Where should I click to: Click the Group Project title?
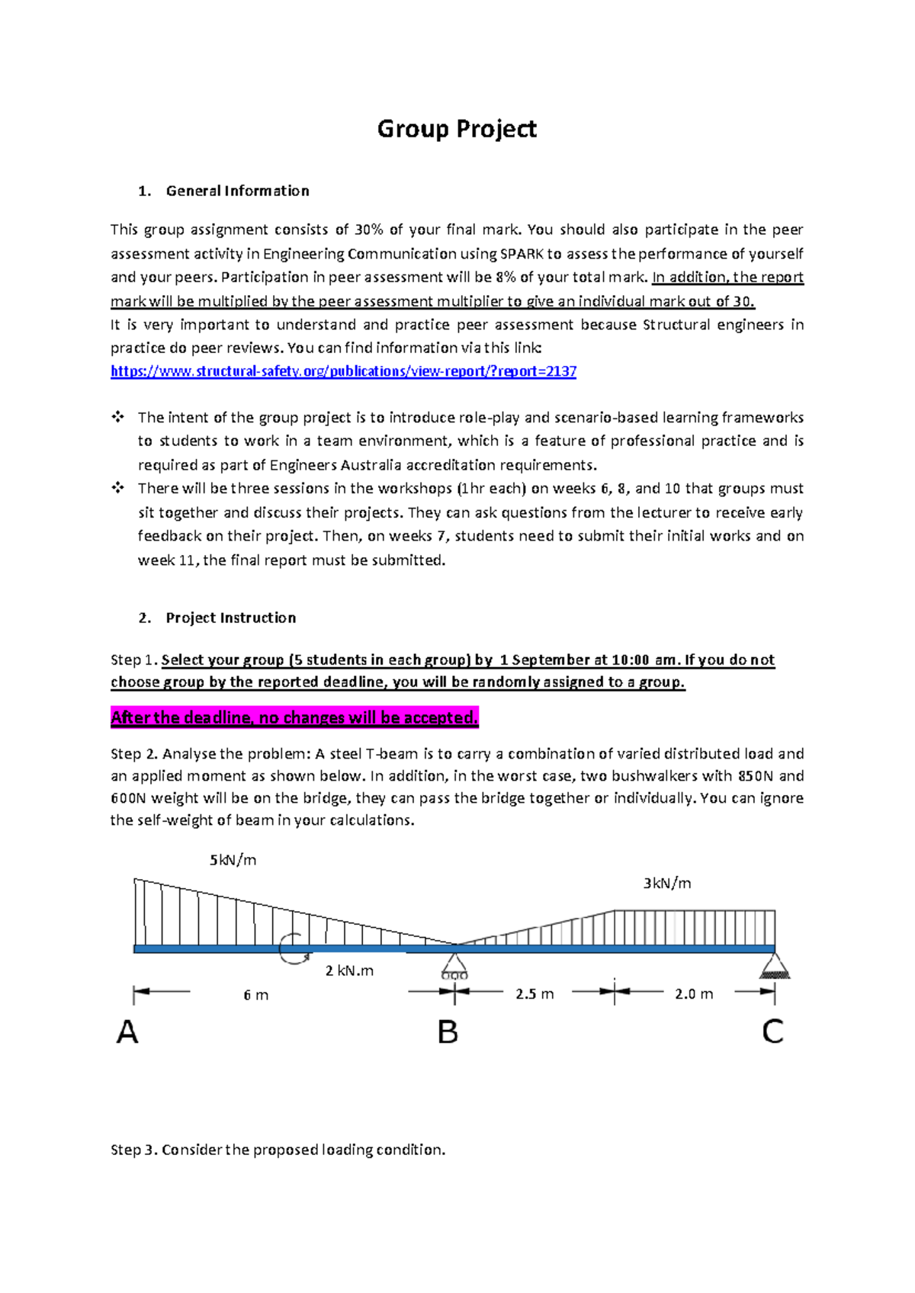pos(457,129)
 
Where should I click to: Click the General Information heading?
pos(237,191)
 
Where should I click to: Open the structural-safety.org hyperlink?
pos(343,371)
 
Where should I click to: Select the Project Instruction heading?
pos(230,618)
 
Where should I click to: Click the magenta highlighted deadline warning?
pos(294,717)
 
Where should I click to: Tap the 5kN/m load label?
pos(233,860)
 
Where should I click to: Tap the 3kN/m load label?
pos(666,883)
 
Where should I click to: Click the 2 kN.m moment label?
pos(349,971)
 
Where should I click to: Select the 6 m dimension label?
pos(255,995)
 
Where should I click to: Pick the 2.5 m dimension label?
pos(534,994)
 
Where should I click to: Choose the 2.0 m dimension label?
pos(694,994)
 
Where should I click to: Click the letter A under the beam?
pos(127,1032)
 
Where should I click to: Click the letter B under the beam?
pos(448,1032)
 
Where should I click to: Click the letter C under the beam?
pos(772,1032)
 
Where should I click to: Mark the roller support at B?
pos(454,965)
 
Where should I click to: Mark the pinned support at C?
pos(775,967)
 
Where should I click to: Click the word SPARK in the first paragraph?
pos(522,254)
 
